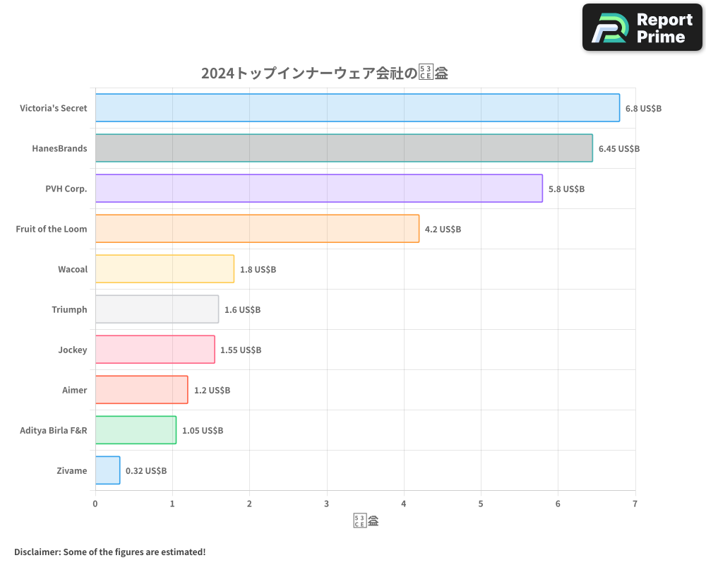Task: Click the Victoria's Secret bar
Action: point(357,108)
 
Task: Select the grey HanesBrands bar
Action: point(344,148)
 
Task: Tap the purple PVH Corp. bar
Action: point(319,189)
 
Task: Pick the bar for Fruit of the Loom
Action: point(257,229)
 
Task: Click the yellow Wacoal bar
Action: point(164,269)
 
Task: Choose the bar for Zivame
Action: point(107,470)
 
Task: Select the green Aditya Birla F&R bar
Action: point(136,430)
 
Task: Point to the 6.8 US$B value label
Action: point(643,109)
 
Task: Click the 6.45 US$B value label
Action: point(618,149)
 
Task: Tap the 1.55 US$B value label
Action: point(241,350)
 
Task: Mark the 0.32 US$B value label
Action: point(146,471)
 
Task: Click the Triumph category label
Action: point(69,310)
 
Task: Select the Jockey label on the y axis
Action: point(73,350)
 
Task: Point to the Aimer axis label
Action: point(75,391)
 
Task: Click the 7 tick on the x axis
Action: point(635,504)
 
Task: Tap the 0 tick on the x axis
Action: point(95,504)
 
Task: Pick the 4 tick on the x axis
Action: point(404,504)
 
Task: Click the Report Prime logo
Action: point(642,28)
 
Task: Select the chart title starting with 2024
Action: point(325,73)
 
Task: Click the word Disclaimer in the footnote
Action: point(36,552)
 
